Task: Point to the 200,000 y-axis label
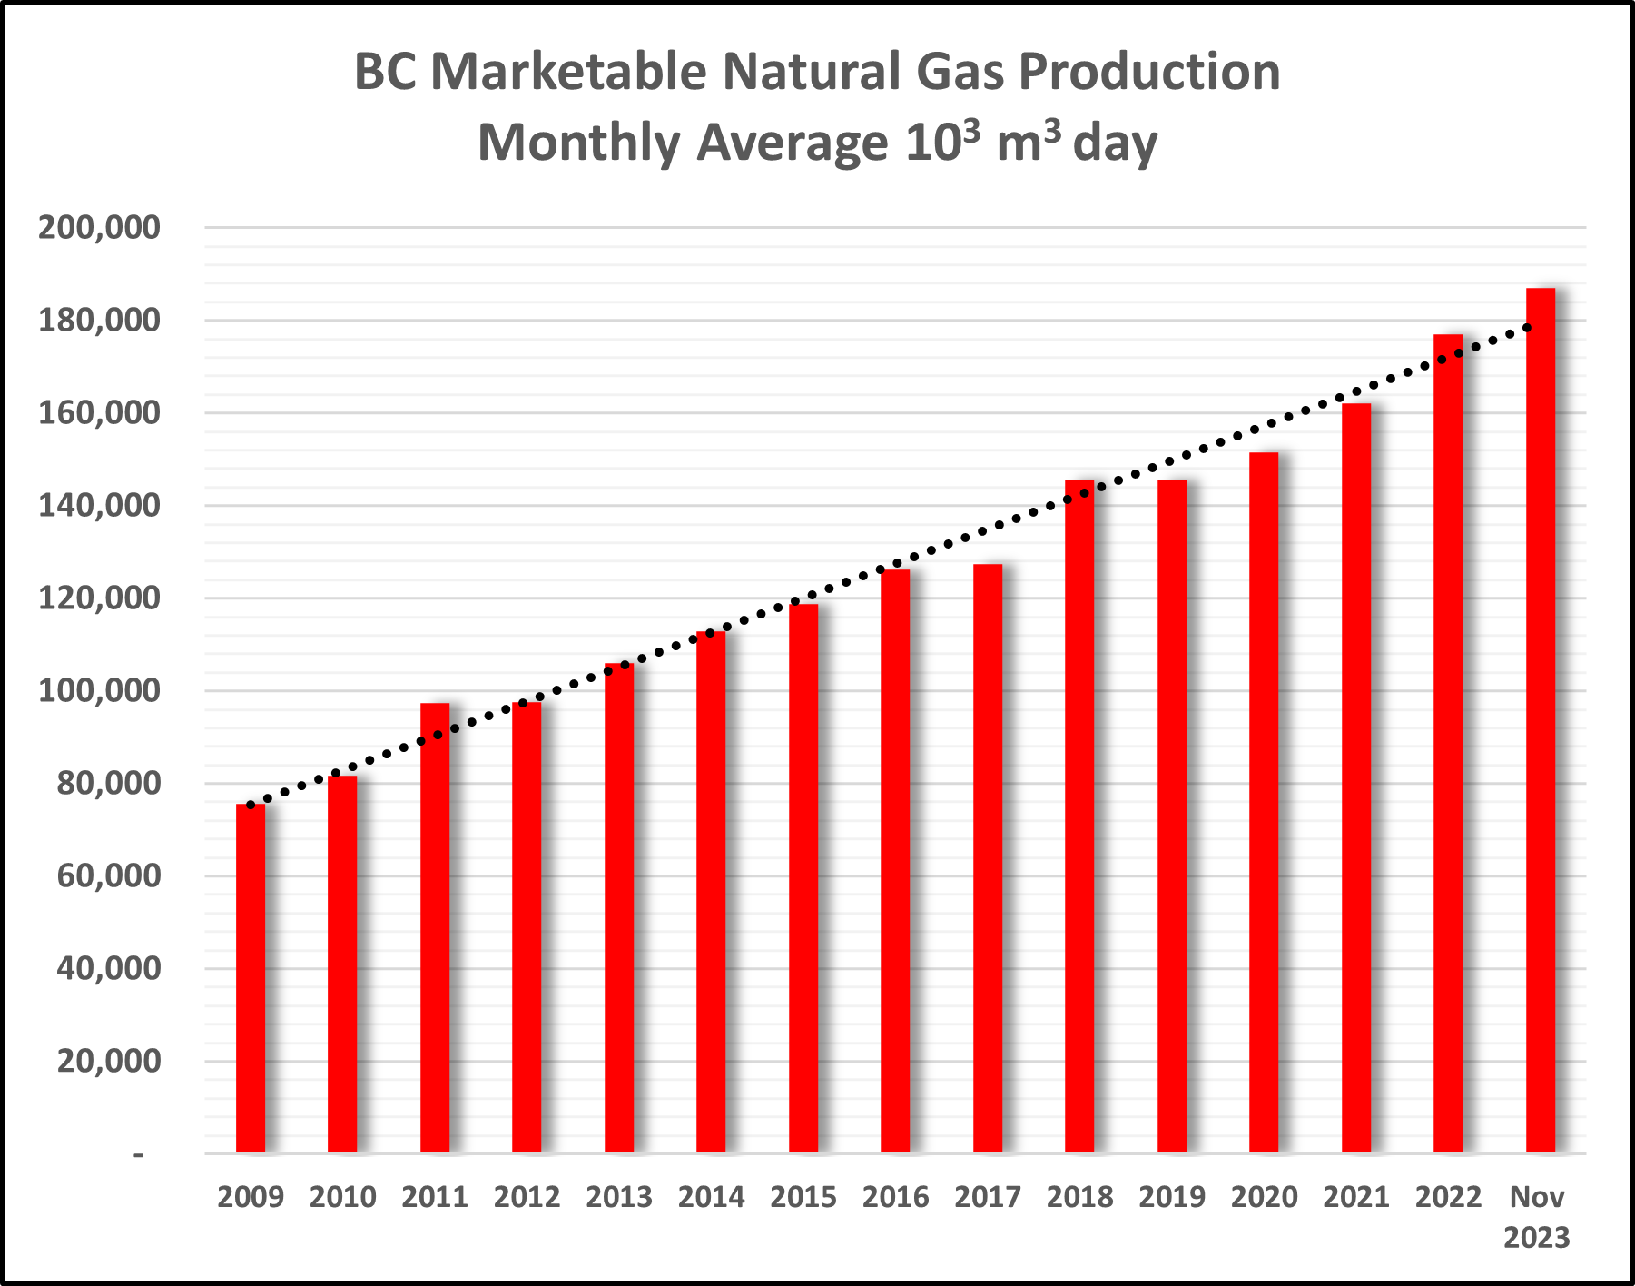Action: pyautogui.click(x=99, y=228)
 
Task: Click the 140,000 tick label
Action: pyautogui.click(x=99, y=506)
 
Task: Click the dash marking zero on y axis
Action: pyautogui.click(x=138, y=1154)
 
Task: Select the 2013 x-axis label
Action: pyautogui.click(x=619, y=1197)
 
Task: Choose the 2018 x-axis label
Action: pyautogui.click(x=1079, y=1197)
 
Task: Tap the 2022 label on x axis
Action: pyautogui.click(x=1448, y=1197)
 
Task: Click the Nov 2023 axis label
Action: pyautogui.click(x=1537, y=1217)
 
